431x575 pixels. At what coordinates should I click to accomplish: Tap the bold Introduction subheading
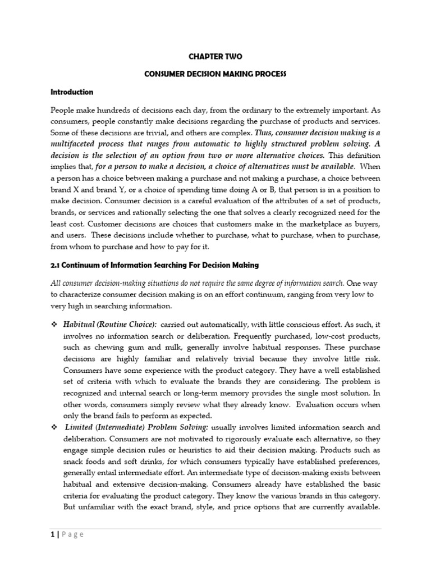click(72, 92)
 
